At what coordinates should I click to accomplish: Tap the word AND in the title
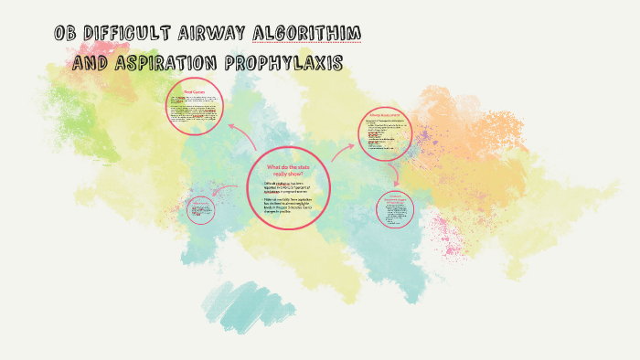(x=92, y=63)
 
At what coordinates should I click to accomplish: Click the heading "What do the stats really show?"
(x=288, y=170)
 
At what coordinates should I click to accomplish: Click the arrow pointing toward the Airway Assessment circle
(x=343, y=150)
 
